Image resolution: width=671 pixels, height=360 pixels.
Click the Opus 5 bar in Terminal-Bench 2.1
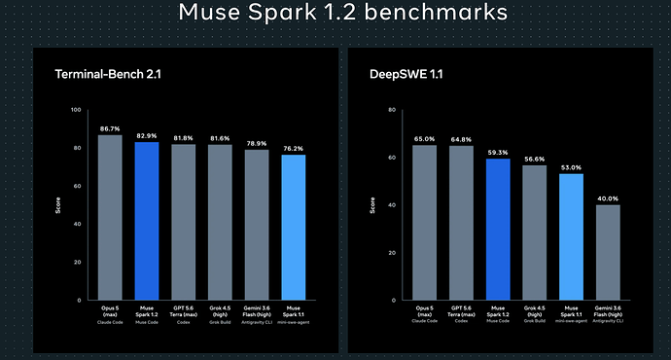pos(110,217)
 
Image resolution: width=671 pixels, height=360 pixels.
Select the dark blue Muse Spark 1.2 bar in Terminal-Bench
pos(147,221)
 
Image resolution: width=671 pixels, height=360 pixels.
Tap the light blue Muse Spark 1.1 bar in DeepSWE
pos(571,236)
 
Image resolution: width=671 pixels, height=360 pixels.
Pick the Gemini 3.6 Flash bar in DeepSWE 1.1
pos(608,253)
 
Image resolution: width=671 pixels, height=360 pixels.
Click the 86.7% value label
pos(110,128)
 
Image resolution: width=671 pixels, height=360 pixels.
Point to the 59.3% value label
pos(498,153)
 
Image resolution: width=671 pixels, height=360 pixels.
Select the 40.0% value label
pos(608,198)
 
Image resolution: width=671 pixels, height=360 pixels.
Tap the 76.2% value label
pos(293,149)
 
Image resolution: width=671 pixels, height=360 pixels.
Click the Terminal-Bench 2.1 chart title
pos(108,74)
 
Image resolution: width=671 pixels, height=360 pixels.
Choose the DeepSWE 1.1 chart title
pos(406,74)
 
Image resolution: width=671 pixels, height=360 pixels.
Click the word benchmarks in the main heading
pos(436,12)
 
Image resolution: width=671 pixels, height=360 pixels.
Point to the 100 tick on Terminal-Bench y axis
pos(76,110)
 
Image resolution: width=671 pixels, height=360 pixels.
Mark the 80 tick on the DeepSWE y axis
pos(392,110)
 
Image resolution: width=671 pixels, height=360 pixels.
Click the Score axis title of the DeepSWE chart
pos(372,205)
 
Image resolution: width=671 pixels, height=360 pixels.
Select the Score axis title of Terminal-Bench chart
pos(57,205)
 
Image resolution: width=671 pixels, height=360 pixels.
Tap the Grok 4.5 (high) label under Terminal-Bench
pos(220,311)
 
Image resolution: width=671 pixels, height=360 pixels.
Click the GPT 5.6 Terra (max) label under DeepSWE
pos(461,311)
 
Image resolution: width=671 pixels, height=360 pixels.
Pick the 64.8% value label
pos(461,139)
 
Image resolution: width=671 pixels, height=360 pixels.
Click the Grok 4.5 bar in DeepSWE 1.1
pos(535,233)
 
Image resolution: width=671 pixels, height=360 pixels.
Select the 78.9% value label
pos(257,143)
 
